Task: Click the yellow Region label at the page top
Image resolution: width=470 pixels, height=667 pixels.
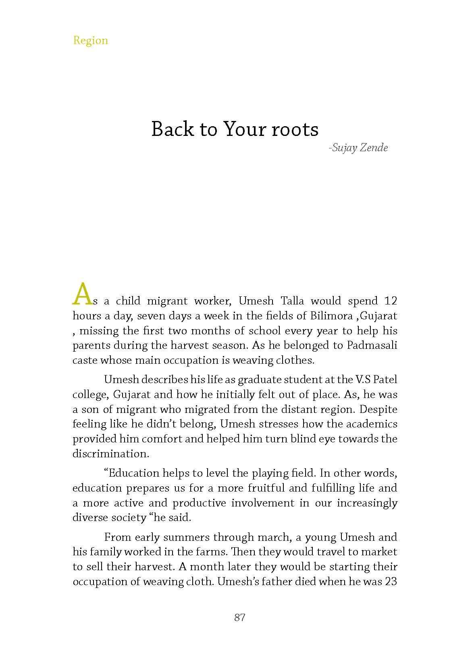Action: tap(90, 40)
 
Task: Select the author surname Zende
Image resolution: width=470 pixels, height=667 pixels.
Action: tap(374, 148)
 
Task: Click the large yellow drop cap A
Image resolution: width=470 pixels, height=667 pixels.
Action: tap(82, 294)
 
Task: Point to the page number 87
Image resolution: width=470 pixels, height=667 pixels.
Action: tap(239, 617)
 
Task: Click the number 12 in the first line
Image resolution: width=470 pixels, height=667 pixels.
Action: tap(391, 301)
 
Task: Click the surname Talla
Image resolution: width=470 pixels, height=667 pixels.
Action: tap(292, 301)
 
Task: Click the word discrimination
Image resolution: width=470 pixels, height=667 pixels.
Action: tap(110, 454)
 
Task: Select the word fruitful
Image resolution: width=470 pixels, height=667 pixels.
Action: tap(266, 488)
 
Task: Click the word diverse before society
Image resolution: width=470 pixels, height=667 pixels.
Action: tap(88, 517)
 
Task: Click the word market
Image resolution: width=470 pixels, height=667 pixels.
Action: tap(378, 552)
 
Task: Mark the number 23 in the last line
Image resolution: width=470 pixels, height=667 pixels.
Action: tap(391, 582)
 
